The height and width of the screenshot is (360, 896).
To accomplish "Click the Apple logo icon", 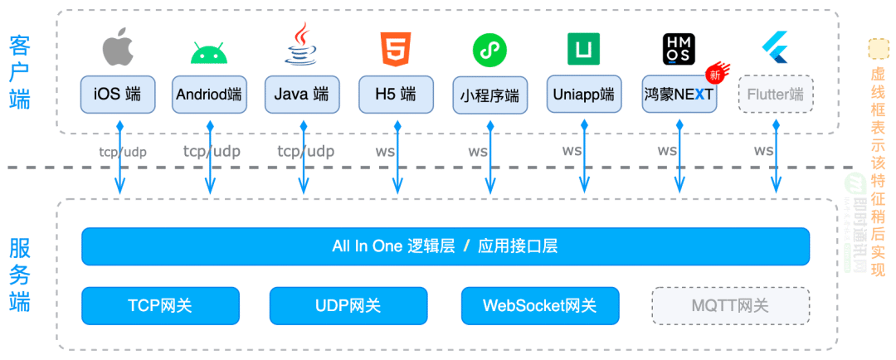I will point(117,49).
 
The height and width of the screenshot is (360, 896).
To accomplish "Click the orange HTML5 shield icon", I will point(395,49).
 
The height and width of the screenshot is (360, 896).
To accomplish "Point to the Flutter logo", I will point(775,49).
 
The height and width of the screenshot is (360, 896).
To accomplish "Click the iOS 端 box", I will point(117,95).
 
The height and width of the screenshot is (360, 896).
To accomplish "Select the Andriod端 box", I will point(209,95).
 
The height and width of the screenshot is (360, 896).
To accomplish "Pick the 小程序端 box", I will point(489,96).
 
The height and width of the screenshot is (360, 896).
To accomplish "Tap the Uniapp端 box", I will point(584,95).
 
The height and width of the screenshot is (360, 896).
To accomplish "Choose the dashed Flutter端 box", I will point(775,95).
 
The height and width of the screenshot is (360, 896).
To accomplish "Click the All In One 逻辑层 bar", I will point(445,246).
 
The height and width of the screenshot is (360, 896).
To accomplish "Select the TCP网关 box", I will point(160,305).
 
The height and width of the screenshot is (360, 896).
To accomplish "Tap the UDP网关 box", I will point(348,305).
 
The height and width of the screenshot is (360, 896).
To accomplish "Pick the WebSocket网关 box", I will point(540,305).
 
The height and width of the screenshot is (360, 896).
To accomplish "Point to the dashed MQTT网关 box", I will point(730,305).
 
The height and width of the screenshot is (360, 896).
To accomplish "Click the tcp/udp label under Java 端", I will point(305,151).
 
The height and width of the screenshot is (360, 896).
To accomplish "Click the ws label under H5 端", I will point(384,151).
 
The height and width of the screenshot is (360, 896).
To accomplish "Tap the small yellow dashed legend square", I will point(878,49).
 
